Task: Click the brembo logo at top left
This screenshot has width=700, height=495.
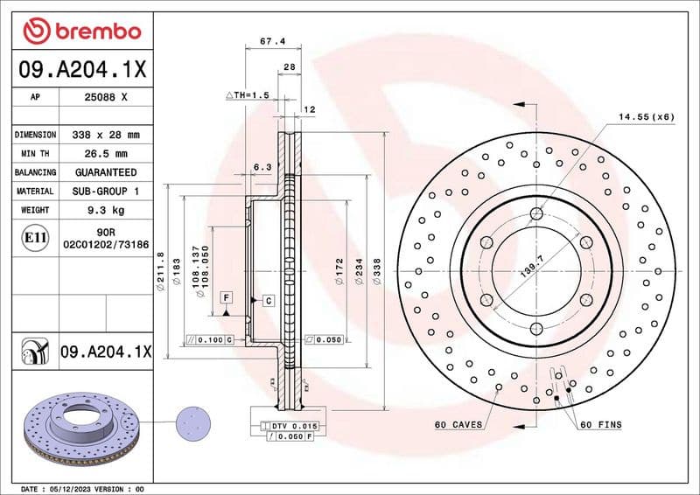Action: tap(81, 31)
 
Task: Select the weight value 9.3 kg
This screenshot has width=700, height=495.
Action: tap(105, 211)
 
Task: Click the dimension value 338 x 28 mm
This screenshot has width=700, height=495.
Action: tap(105, 135)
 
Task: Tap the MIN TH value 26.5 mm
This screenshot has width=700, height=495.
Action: tap(105, 154)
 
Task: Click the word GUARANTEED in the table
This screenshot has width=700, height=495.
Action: tap(105, 172)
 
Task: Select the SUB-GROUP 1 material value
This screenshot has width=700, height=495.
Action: tap(105, 191)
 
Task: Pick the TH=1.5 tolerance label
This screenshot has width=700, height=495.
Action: tap(246, 94)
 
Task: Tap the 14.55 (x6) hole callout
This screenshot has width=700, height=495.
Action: tap(646, 116)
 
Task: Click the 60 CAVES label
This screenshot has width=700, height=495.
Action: tap(458, 424)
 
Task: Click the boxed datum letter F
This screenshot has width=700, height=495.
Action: tap(226, 298)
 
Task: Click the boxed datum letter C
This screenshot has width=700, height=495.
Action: tap(268, 300)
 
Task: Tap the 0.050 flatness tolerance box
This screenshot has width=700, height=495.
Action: tap(325, 338)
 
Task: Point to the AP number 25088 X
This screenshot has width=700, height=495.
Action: tap(105, 97)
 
